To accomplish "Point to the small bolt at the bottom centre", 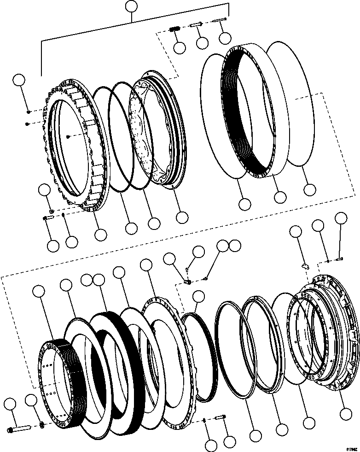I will tap(220, 418).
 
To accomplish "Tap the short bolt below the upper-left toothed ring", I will tap(48, 218).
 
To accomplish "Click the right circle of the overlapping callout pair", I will tap(235, 246).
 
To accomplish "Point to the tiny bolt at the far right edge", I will tap(340, 258).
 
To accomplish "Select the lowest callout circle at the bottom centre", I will tap(211, 445).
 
